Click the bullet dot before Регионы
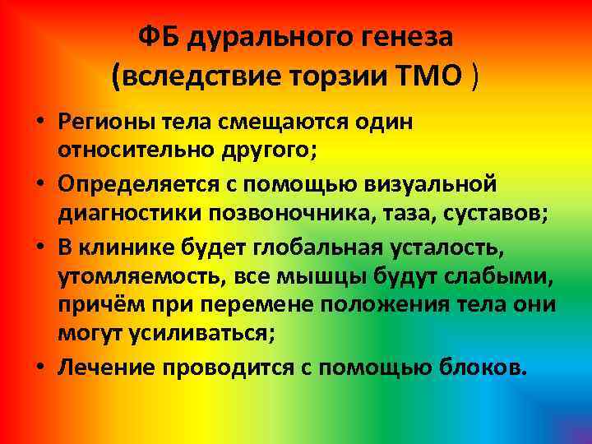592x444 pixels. (39, 122)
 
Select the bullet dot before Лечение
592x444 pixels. (39, 365)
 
